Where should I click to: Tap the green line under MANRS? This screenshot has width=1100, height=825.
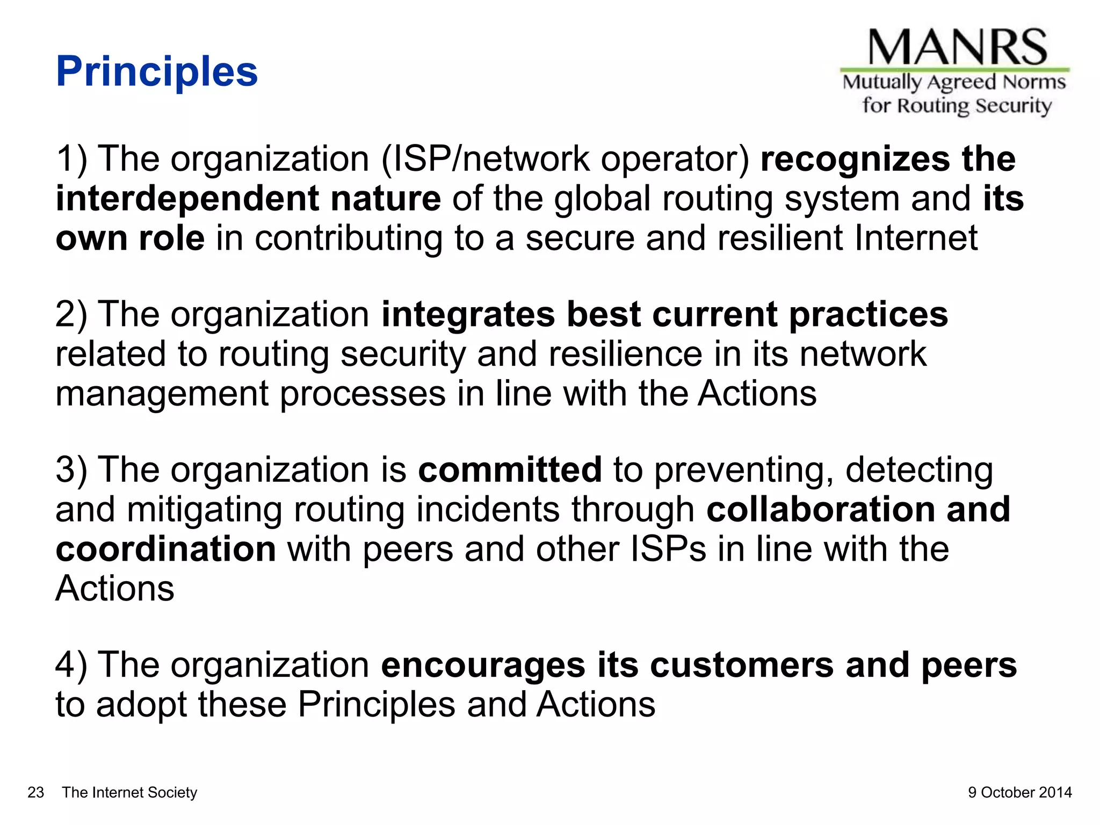pos(954,70)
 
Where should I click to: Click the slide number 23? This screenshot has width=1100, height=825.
pos(35,792)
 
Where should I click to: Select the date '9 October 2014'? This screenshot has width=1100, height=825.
pos(1019,792)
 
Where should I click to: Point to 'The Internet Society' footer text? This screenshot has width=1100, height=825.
pos(129,792)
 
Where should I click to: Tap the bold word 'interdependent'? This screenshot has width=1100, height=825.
pos(187,199)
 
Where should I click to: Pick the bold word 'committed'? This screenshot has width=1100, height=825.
pos(510,469)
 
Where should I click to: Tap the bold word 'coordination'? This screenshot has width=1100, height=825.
pos(166,549)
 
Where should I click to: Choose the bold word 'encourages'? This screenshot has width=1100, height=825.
pos(483,665)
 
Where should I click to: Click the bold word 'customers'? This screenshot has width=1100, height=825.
pos(742,665)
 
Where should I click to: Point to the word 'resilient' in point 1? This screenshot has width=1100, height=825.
pos(780,238)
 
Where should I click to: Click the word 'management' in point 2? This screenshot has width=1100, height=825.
pos(162,394)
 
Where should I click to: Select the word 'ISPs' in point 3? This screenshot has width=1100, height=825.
pos(668,549)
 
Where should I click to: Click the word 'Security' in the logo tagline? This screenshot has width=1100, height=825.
pos(1013,106)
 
